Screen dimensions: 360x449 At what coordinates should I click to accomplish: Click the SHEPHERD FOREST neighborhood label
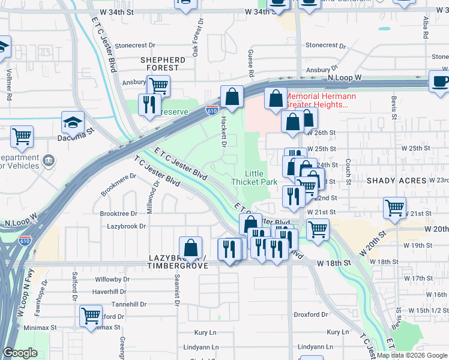coord(163,64)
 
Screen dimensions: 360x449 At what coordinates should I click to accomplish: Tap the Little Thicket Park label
coord(255,178)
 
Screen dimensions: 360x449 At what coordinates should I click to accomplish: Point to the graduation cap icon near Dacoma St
coord(73,123)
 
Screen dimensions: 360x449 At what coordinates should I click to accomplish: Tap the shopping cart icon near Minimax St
coord(91,315)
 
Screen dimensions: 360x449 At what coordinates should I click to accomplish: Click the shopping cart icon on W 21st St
coord(395,208)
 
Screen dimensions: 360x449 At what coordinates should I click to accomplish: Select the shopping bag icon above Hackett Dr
coord(232,97)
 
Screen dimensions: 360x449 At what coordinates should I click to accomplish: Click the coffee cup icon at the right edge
coord(439,82)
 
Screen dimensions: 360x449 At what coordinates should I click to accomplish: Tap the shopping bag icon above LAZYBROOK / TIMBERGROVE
coord(190,247)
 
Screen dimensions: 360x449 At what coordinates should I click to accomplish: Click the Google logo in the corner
coord(20,353)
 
